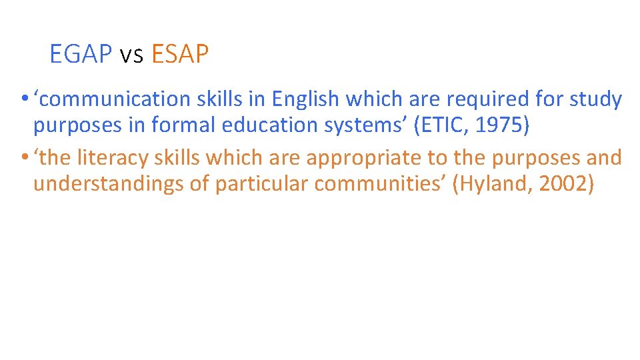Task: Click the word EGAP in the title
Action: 80,55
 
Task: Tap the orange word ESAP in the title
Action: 180,55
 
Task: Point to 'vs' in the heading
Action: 131,55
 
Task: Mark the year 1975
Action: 501,125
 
